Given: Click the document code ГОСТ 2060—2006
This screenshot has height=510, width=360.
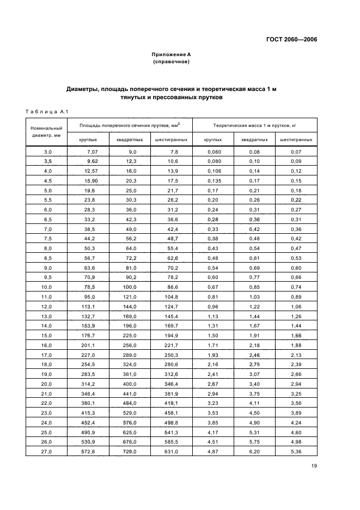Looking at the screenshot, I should coord(291,40).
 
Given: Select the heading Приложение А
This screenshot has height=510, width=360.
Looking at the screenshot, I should coord(171,54).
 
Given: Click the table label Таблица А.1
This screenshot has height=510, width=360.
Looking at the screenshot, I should coord(46,112).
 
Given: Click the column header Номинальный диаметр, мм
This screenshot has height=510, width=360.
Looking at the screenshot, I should coord(47,132).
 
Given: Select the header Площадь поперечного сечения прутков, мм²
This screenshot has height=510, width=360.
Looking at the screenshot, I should coord(129,125).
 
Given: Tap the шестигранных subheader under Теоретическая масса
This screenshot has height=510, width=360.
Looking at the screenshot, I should coord(296,139).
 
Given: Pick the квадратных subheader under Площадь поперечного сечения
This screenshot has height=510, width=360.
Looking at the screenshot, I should coord(130,139).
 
